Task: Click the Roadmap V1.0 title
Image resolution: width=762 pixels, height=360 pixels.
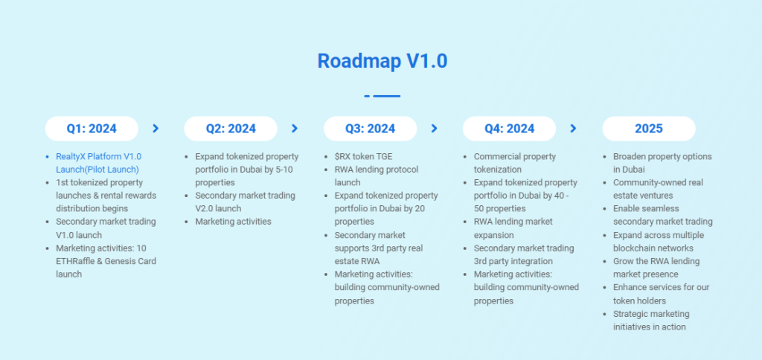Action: tap(382, 61)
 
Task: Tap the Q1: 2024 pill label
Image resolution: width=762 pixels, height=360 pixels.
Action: tap(92, 129)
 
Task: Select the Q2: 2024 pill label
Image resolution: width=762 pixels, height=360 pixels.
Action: tap(231, 129)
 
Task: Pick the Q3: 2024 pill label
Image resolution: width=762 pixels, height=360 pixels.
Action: tap(371, 129)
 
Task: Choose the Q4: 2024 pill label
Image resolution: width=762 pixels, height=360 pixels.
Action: tap(509, 129)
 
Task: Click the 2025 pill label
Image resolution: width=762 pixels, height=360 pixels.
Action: tap(649, 129)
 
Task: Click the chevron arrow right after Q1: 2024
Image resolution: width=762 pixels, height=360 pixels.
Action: tap(156, 128)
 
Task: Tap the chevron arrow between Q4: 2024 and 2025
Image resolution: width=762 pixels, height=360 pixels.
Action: tap(574, 128)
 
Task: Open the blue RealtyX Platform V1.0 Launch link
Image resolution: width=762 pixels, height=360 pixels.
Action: tap(99, 163)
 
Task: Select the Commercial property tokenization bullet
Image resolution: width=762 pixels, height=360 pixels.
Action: tap(515, 163)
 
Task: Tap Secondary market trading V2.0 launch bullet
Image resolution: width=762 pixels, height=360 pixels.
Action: tap(246, 202)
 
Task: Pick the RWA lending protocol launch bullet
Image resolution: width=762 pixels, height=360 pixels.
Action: tap(377, 176)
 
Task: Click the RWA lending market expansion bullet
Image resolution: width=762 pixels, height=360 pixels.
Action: tap(513, 228)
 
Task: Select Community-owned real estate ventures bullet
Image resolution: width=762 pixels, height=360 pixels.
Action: tap(658, 189)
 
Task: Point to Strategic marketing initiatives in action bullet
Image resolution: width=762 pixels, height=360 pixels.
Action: tap(651, 320)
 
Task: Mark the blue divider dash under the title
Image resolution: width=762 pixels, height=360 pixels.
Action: tap(382, 96)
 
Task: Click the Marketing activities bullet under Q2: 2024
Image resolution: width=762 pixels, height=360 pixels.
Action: tap(233, 222)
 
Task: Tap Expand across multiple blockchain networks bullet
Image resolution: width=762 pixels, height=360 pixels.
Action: tap(659, 242)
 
